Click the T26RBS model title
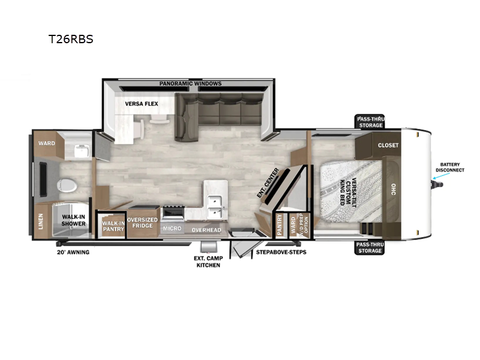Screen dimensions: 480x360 pyautogui.click(x=71, y=39)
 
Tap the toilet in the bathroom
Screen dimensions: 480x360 pyautogui.click(x=67, y=185)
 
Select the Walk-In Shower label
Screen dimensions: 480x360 pyautogui.click(x=73, y=220)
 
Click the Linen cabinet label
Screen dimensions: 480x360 pyautogui.click(x=41, y=221)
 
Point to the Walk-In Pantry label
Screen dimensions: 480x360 pyautogui.click(x=113, y=226)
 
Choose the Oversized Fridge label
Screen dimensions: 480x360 pyautogui.click(x=142, y=223)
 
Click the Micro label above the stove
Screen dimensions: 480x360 pyautogui.click(x=172, y=229)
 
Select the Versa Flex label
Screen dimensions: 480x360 pyautogui.click(x=142, y=104)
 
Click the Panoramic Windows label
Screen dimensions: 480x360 pyautogui.click(x=190, y=83)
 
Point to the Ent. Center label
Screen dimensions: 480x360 pyautogui.click(x=268, y=182)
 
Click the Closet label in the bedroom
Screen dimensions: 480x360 pyautogui.click(x=388, y=145)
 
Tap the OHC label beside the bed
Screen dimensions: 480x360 pyautogui.click(x=394, y=189)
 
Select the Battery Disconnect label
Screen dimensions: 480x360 pyautogui.click(x=450, y=167)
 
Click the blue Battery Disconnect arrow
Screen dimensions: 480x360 pyautogui.click(x=442, y=176)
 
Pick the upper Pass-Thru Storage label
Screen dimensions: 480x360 pyautogui.click(x=370, y=122)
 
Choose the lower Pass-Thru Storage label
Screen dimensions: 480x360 pyautogui.click(x=370, y=247)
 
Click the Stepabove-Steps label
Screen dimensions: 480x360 pyautogui.click(x=281, y=252)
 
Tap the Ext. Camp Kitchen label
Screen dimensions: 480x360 pyautogui.click(x=208, y=262)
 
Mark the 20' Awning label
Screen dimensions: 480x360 pyautogui.click(x=73, y=252)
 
